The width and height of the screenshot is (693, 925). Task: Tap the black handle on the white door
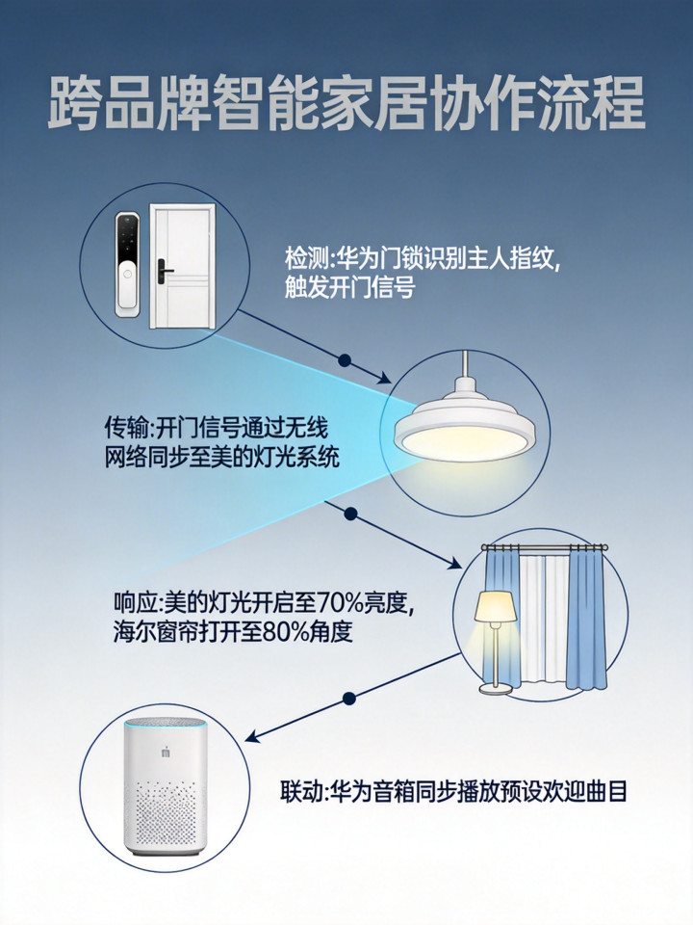[x=163, y=272]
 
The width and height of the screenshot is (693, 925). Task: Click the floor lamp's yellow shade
[x=496, y=606]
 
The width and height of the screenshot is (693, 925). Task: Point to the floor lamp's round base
[x=496, y=688]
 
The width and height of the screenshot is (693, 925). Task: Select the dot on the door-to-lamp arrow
[x=346, y=360]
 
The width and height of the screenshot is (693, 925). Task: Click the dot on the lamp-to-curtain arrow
[x=351, y=514]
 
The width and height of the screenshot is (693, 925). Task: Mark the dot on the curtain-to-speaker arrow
[x=349, y=699]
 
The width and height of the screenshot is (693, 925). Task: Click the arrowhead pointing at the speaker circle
[x=253, y=737]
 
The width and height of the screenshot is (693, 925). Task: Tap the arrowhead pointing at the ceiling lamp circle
[x=384, y=378]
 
